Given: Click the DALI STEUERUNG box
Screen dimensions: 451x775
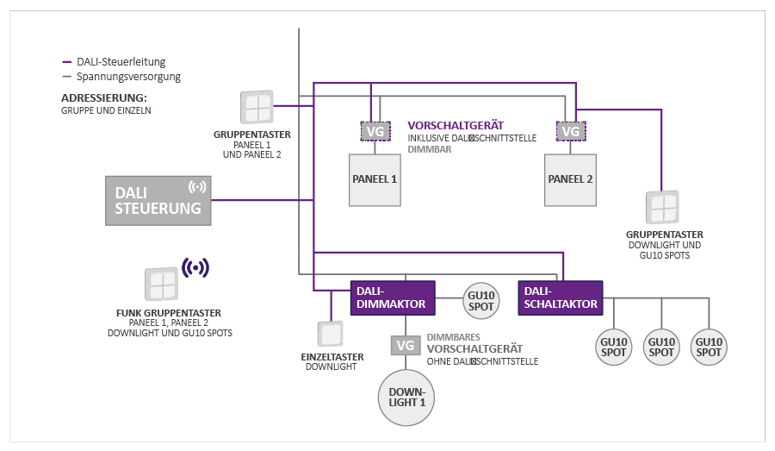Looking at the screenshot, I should (158, 200).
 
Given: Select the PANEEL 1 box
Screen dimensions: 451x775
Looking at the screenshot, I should (375, 179).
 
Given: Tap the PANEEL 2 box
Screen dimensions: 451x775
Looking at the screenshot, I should (570, 179).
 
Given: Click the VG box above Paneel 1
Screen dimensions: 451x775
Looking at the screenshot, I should (375, 131).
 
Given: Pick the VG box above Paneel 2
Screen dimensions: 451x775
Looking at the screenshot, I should (570, 131).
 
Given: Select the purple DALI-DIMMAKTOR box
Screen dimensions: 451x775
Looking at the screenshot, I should (393, 298).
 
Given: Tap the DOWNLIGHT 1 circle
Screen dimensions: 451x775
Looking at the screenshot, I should (406, 398).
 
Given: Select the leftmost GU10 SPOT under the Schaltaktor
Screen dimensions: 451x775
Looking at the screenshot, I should (615, 346).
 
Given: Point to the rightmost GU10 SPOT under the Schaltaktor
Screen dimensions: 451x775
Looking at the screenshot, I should (709, 346).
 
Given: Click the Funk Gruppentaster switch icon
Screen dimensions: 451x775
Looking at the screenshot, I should (161, 285).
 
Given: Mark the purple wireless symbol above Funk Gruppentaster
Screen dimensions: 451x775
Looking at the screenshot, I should (195, 268).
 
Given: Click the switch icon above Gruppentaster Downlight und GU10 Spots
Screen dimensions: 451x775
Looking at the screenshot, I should (663, 208).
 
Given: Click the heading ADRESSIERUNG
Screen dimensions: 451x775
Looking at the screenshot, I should (104, 97).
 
